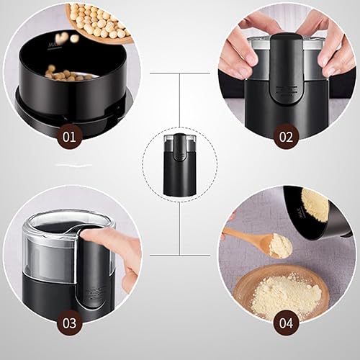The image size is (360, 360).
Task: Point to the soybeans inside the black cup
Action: point(68,73)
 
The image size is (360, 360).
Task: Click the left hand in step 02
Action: point(241,50)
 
